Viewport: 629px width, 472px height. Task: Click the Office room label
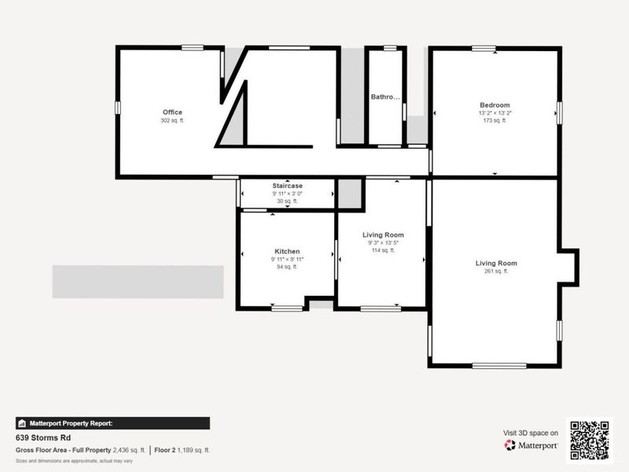point(172,112)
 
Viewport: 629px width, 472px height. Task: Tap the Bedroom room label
point(495,105)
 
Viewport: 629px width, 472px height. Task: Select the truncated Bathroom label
point(385,98)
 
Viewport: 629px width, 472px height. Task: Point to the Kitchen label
point(287,252)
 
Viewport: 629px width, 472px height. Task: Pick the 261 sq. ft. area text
point(496,271)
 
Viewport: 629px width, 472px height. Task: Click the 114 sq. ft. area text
point(383,250)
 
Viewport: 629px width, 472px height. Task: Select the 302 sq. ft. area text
point(172,121)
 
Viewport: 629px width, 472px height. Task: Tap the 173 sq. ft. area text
point(495,121)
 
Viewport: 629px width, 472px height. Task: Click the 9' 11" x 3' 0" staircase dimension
point(288,194)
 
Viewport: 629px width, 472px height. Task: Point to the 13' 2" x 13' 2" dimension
point(495,113)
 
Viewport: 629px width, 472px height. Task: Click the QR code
point(589,440)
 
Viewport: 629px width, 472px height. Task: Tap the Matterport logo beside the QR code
point(532,445)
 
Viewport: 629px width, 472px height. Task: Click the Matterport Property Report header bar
point(112,422)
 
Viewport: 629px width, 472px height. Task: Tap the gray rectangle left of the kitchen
point(138,282)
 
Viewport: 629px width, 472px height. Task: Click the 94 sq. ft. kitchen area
point(287,267)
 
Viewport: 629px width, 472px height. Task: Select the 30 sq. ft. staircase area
point(288,201)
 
